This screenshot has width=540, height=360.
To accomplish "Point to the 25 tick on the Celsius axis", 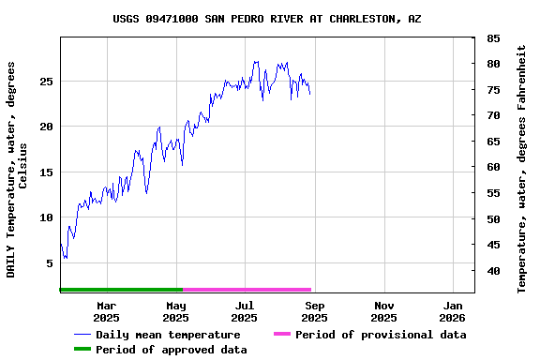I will (x=46, y=82).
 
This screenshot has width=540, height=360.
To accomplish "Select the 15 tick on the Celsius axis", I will (x=46, y=172).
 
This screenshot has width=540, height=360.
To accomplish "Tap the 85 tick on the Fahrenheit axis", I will (x=493, y=38).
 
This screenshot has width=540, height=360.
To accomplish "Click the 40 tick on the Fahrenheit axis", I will (x=493, y=271).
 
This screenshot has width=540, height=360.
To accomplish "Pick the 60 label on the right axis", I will (x=493, y=167).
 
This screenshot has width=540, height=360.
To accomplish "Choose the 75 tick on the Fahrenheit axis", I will (x=493, y=90).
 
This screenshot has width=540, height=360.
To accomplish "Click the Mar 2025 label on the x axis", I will (x=106, y=311).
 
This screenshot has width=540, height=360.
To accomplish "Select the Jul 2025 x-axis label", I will (x=245, y=311).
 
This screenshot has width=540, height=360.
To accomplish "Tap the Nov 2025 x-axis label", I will (x=383, y=311).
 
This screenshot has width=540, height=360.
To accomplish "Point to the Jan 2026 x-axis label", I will (x=453, y=311).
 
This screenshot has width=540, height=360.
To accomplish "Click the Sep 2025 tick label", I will (x=314, y=311).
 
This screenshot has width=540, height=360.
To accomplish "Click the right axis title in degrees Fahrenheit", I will (x=522, y=169).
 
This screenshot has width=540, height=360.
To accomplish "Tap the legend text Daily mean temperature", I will (x=168, y=335).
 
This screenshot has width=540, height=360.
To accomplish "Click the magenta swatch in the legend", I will (x=282, y=335).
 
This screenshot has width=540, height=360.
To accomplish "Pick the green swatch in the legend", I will (x=82, y=350).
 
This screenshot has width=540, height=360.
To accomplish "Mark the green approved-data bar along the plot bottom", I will (x=121, y=290).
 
